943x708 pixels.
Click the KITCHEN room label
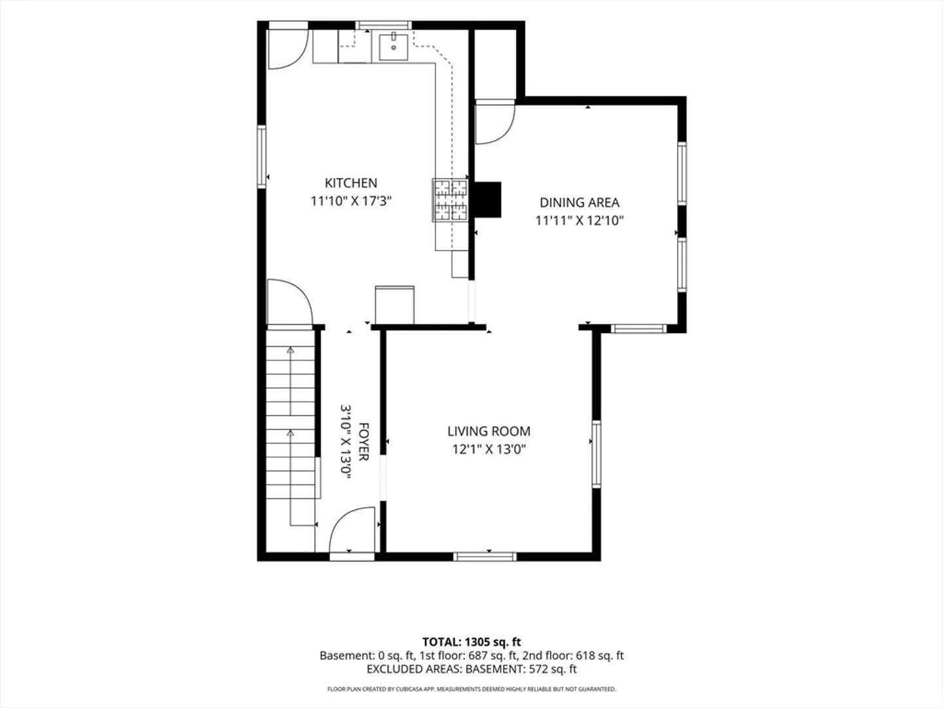click(x=351, y=183)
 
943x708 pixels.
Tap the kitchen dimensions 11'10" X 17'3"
click(x=351, y=201)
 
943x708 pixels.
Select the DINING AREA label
click(x=580, y=203)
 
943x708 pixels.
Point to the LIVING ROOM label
click(x=489, y=431)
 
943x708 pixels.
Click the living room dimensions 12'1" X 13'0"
click(x=489, y=450)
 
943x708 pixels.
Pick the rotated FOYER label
click(x=363, y=442)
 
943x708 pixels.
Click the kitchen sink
click(x=393, y=47)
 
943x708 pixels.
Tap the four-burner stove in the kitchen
click(x=450, y=201)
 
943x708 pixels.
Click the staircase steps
click(x=290, y=415)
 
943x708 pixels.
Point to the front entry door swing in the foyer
click(x=352, y=530)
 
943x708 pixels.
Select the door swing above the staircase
click(x=290, y=302)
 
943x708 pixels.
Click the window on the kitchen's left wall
click(x=262, y=157)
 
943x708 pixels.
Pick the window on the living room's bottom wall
click(x=485, y=557)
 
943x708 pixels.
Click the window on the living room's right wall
click(x=597, y=454)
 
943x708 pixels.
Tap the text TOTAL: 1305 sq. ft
click(x=471, y=642)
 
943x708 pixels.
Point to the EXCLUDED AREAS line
click(x=471, y=669)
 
